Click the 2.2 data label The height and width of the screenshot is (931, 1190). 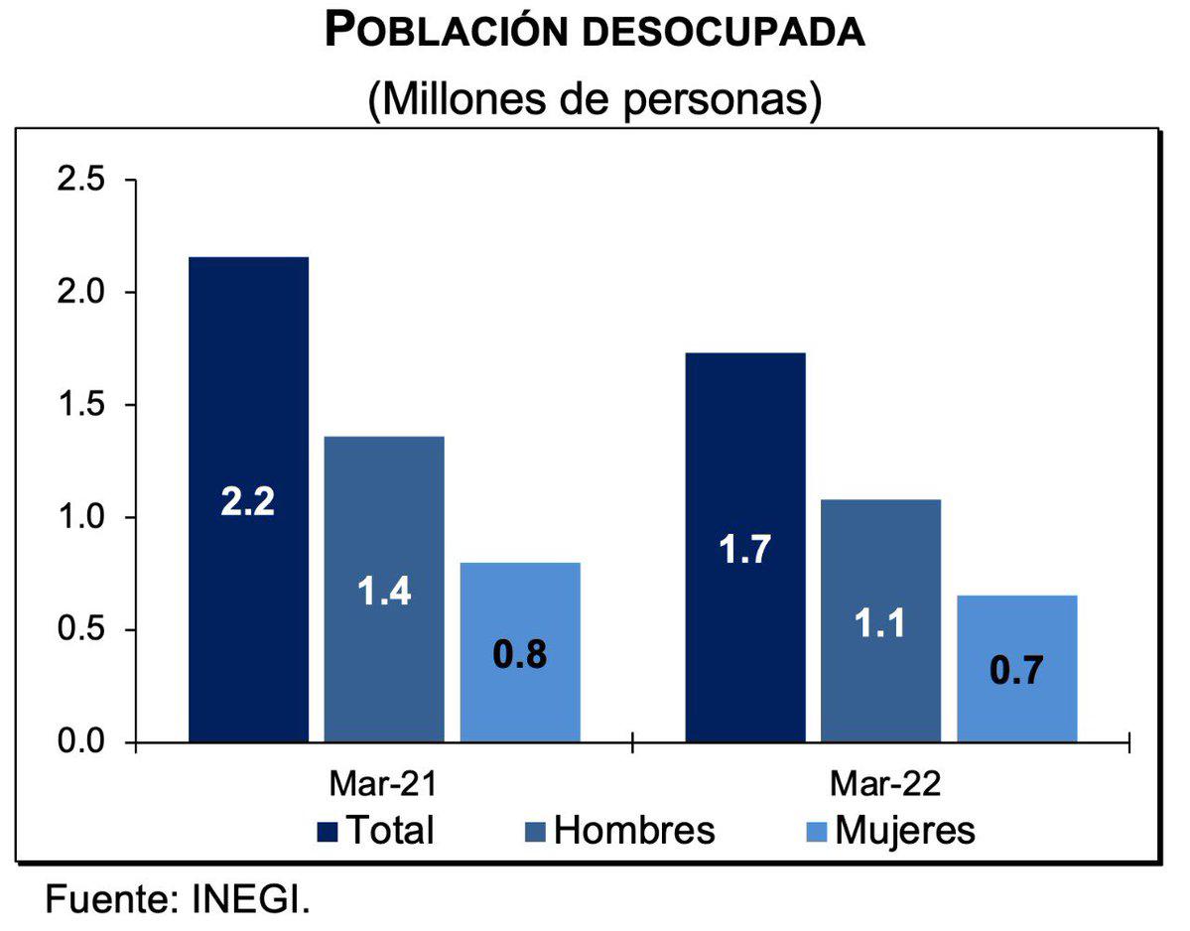[248, 501]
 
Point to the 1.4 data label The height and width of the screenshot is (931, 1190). [383, 592]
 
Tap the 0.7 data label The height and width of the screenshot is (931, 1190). [1017, 671]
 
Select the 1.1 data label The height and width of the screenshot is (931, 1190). [880, 625]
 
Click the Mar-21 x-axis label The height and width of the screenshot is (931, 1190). [383, 785]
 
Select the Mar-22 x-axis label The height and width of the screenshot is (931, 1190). [879, 785]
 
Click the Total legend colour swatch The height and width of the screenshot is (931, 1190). [327, 830]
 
